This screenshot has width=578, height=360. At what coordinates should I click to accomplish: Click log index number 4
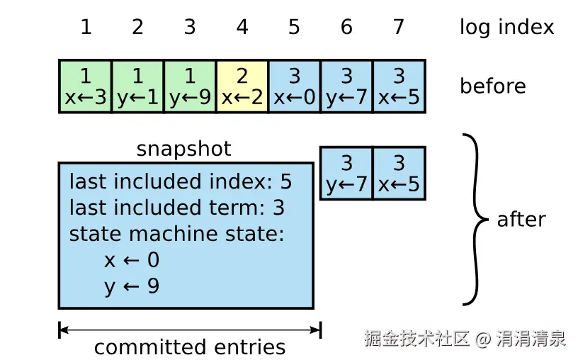pyautogui.click(x=242, y=28)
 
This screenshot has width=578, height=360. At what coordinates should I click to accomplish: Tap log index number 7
pyautogui.click(x=399, y=28)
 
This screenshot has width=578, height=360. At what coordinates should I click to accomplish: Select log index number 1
pyautogui.click(x=86, y=28)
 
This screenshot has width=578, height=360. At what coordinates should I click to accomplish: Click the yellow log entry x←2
pyautogui.click(x=242, y=86)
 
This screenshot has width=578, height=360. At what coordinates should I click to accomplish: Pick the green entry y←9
pyautogui.click(x=190, y=86)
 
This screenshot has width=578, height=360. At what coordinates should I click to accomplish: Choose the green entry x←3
pyautogui.click(x=86, y=86)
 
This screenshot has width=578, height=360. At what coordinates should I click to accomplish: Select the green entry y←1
pyautogui.click(x=137, y=86)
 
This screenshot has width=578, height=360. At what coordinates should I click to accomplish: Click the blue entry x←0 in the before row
pyautogui.click(x=294, y=86)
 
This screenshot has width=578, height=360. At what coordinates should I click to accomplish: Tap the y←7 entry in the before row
pyautogui.click(x=346, y=86)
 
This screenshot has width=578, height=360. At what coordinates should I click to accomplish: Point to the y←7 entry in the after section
pyautogui.click(x=346, y=174)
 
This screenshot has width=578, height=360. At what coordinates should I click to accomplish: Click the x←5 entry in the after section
pyautogui.click(x=399, y=174)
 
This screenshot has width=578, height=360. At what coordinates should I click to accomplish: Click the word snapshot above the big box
pyautogui.click(x=183, y=149)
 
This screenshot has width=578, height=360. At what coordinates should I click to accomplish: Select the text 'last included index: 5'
pyautogui.click(x=180, y=182)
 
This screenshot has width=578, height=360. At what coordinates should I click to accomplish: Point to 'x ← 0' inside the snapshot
pyautogui.click(x=132, y=260)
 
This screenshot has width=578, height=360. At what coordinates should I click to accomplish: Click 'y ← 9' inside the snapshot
pyautogui.click(x=132, y=286)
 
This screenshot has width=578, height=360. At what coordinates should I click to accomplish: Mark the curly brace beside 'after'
pyautogui.click(x=475, y=219)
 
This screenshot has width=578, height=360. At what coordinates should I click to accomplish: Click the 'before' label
pyautogui.click(x=492, y=86)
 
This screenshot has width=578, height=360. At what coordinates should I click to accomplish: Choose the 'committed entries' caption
pyautogui.click(x=190, y=347)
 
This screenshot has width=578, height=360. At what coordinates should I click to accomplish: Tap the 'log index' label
pyautogui.click(x=506, y=28)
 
